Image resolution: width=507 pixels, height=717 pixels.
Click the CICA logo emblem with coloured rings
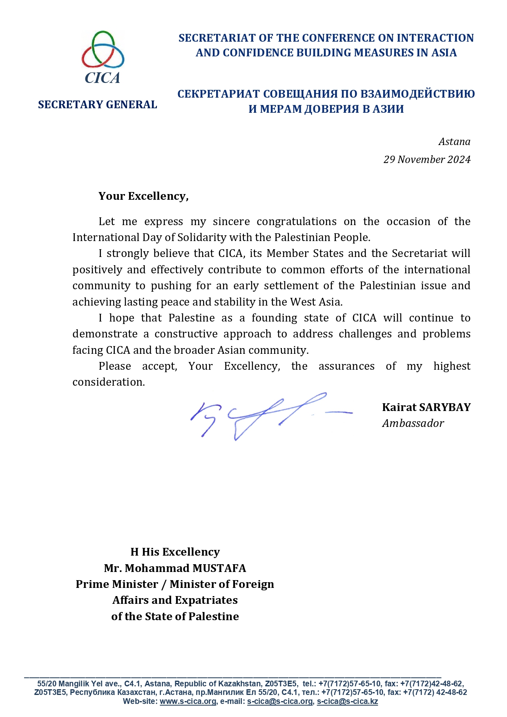point(103,50)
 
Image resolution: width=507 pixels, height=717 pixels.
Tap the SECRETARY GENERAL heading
point(97,105)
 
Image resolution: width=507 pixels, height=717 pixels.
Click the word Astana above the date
point(454,142)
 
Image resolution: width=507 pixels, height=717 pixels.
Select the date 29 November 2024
point(427,159)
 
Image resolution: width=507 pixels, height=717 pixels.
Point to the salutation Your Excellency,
point(143,196)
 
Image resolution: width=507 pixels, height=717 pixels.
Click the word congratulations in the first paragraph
point(297,221)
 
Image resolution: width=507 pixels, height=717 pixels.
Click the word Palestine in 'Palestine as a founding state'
point(192,318)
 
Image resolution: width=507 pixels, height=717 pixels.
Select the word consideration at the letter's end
point(108,382)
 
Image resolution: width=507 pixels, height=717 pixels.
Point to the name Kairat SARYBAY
point(426,407)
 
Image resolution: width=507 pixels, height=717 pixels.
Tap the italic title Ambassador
point(413,423)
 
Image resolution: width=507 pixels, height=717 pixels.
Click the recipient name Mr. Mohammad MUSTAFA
point(175,568)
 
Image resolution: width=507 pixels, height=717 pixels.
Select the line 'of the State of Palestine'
point(175,616)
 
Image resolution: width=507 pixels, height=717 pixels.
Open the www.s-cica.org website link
point(188,701)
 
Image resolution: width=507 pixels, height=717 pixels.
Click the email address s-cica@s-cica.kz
point(347,701)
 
